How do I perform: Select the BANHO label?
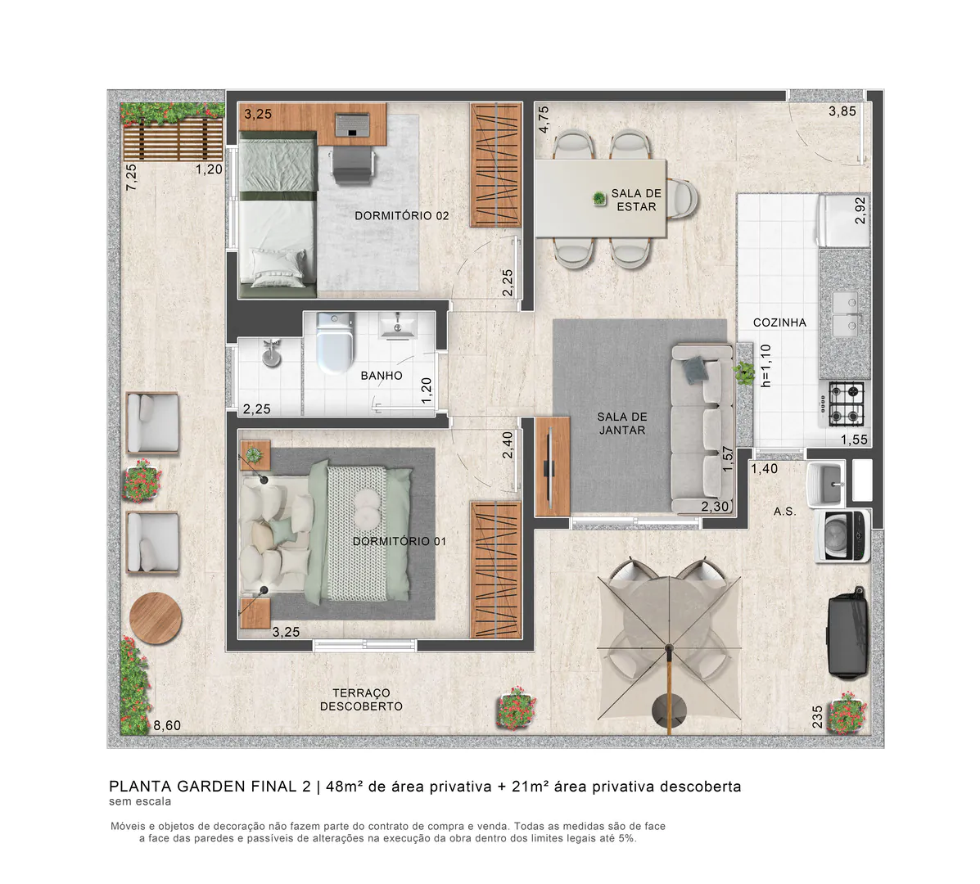[382, 376]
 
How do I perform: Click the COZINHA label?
[779, 322]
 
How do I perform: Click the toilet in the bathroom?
[335, 344]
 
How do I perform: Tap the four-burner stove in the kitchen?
[846, 403]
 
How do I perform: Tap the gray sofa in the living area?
[702, 426]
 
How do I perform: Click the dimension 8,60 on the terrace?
[167, 725]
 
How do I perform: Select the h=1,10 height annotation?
[766, 365]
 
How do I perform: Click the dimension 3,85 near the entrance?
[842, 111]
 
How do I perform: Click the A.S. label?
[784, 512]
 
